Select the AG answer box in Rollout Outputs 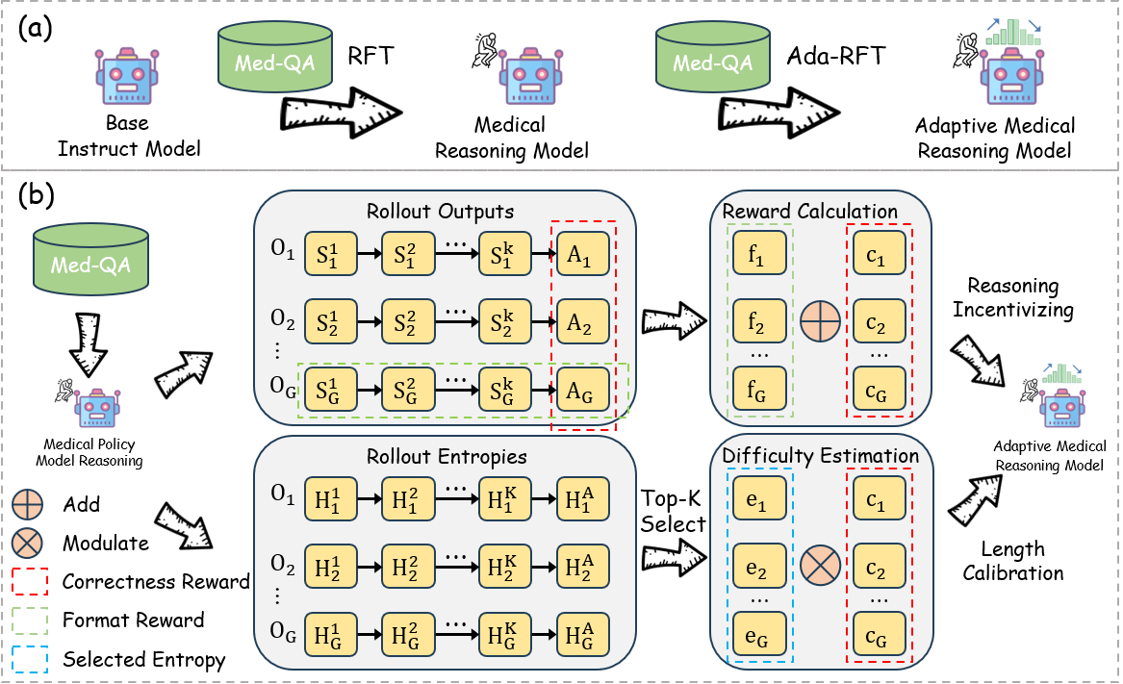coord(582,392)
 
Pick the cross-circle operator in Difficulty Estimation coord(820,564)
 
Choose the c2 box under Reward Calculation coord(879,324)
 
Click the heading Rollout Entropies coord(447,457)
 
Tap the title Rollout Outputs coord(440,212)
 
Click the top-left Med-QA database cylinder coord(275,57)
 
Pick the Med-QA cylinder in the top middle coord(713,57)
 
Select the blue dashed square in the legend coord(30,659)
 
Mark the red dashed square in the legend coord(30,582)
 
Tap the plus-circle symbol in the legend coord(28,504)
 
